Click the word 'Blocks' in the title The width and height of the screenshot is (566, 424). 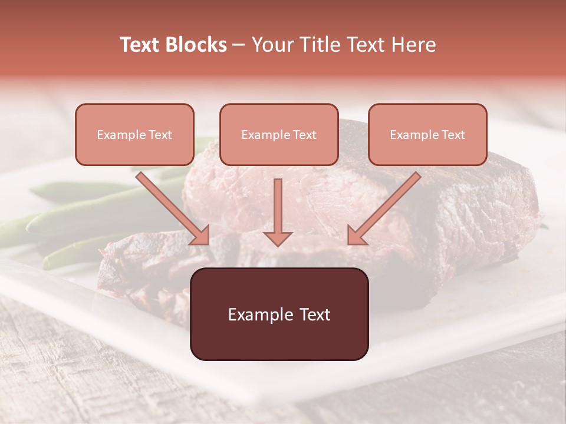click(195, 45)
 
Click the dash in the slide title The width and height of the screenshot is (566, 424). click(239, 45)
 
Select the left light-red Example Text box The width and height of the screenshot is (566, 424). click(134, 134)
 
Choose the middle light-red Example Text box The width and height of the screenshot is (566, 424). click(279, 134)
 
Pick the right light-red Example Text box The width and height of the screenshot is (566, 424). click(427, 134)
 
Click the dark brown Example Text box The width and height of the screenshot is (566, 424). click(279, 314)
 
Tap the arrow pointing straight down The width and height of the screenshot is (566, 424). click(278, 212)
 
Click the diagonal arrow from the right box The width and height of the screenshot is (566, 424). click(384, 208)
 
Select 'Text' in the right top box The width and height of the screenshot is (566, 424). click(453, 135)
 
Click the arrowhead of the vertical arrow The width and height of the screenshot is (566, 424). click(278, 237)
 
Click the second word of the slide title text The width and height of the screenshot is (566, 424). click(195, 45)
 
